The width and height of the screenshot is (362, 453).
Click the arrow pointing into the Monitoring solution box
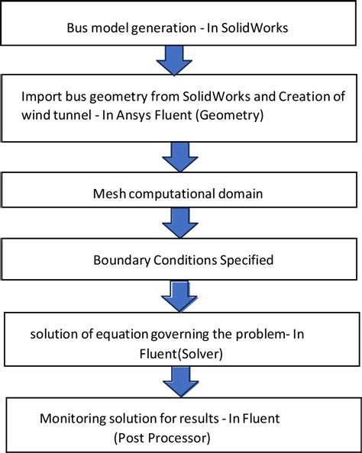pyautogui.click(x=181, y=381)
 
